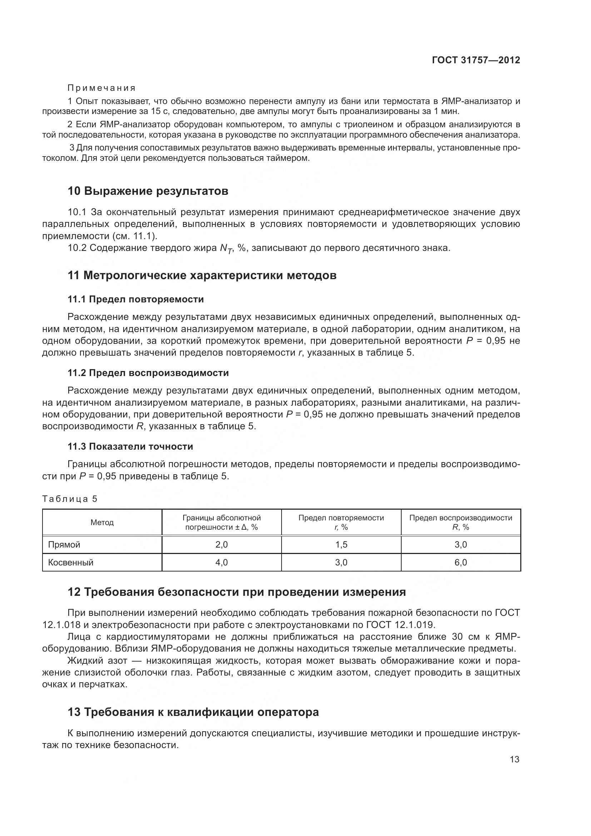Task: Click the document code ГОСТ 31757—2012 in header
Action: (476, 60)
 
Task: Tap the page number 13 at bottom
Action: (514, 759)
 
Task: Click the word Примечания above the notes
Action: (101, 88)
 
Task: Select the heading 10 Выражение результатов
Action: (148, 191)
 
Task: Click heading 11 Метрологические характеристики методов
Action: (202, 276)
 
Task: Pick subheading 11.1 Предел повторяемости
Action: (135, 299)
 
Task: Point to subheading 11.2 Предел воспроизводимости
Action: (148, 373)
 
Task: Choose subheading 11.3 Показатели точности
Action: (130, 446)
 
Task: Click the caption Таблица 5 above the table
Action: (70, 499)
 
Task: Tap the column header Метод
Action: (102, 523)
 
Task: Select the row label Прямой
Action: (64, 545)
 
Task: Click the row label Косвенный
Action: (71, 563)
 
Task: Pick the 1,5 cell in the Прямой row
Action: (341, 545)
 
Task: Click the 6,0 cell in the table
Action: (460, 563)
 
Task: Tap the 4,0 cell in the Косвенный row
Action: (221, 563)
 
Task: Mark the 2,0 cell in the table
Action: (221, 545)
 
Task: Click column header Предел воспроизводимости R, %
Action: (460, 523)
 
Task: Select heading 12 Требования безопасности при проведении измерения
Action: (237, 592)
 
